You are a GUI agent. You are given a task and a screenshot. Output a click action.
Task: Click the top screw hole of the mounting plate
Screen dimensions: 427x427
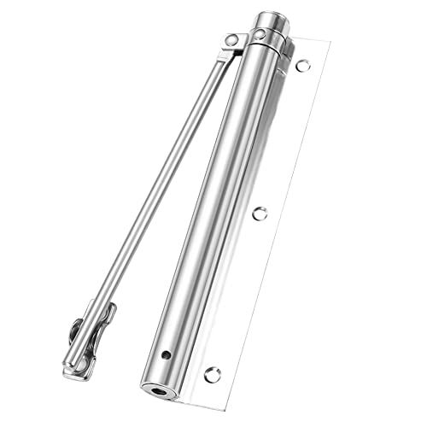pos(301,64)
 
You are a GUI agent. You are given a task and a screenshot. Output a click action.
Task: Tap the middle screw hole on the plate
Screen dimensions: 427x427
pos(259,213)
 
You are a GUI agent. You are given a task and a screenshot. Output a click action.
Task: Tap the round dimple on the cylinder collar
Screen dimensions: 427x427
pos(258,35)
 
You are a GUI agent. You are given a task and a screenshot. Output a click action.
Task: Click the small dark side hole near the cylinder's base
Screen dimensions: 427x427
pos(167,354)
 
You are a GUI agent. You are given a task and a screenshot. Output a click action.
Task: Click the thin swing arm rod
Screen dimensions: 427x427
pos(154,188)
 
